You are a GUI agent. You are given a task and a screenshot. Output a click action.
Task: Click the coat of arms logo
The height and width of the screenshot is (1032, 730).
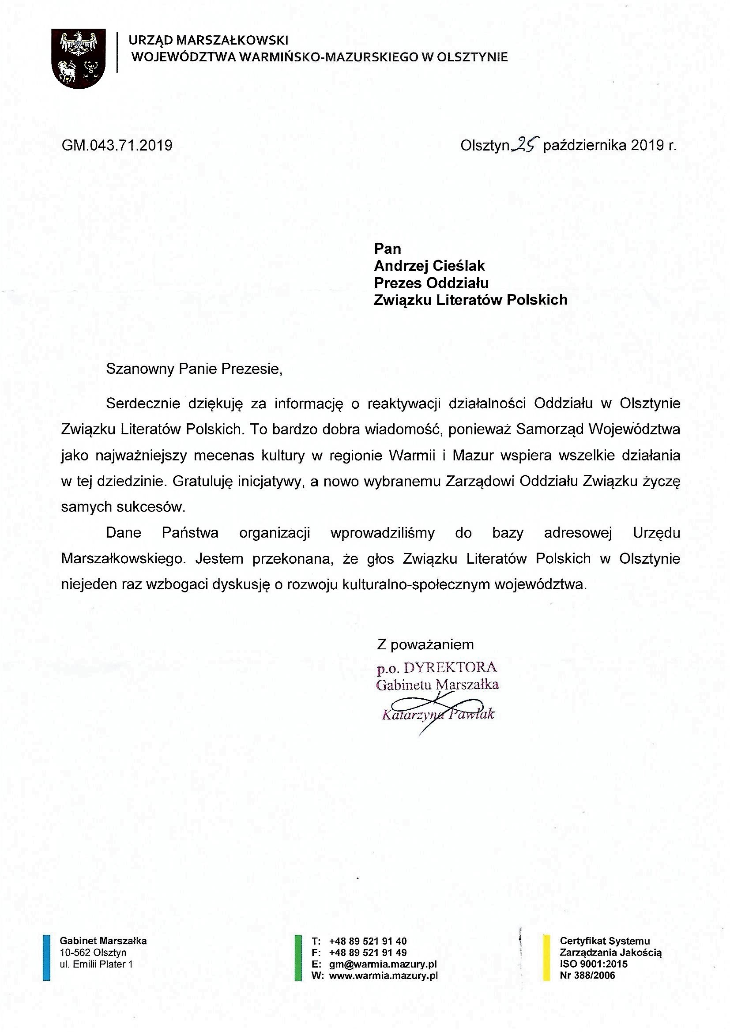78,58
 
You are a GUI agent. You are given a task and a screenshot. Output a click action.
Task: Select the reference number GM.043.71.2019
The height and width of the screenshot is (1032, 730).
117,145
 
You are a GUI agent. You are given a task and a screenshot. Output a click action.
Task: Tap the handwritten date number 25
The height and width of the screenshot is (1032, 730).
526,144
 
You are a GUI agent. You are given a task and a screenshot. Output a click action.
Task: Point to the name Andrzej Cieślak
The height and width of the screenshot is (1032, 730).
429,266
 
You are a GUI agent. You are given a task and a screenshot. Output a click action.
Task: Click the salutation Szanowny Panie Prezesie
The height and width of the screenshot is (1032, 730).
194,369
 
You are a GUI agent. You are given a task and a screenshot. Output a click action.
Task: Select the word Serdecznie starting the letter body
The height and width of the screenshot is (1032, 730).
143,403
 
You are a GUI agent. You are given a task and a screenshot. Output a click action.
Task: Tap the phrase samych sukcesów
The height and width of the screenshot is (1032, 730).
123,507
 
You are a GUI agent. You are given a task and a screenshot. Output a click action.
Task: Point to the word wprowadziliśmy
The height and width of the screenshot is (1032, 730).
383,533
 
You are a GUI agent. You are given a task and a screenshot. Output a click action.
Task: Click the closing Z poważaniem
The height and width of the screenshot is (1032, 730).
425,644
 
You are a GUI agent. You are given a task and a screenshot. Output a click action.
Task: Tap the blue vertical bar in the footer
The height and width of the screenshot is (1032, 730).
46,957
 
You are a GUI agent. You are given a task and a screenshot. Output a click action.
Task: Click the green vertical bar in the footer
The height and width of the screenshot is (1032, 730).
297,957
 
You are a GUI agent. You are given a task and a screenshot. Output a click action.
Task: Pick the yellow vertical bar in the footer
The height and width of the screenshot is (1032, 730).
546,957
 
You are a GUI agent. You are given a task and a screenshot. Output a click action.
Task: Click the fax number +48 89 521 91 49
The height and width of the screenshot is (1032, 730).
368,953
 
